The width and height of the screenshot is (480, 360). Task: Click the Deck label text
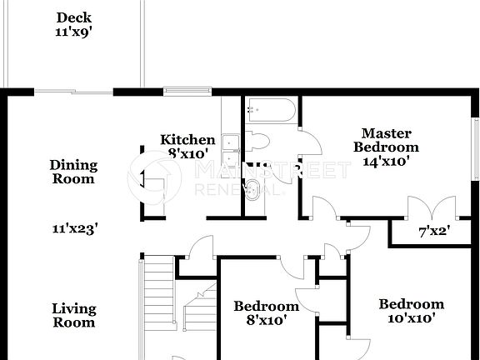point(73,17)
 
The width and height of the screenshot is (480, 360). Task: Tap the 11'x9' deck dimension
point(73,32)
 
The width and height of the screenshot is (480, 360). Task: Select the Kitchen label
point(187,140)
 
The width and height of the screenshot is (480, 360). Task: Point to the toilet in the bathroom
point(256,141)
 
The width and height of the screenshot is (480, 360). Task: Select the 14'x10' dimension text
point(386,162)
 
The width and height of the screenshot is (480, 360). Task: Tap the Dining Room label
point(73,172)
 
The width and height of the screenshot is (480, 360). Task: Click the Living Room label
point(73,315)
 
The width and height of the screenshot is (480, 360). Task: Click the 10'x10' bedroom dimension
point(411,317)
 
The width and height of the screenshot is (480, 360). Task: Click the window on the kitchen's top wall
point(179,92)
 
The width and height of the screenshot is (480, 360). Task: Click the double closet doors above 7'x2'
point(432,208)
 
